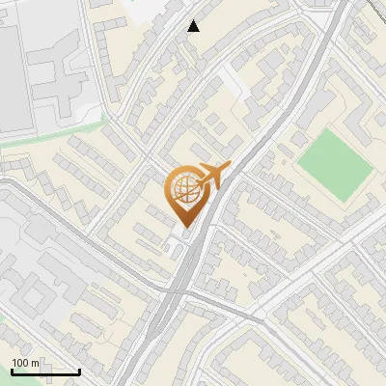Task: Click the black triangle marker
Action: (x=194, y=26)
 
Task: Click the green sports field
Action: (x=334, y=165)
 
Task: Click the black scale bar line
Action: (x=45, y=372)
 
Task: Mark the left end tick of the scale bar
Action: (x=12, y=370)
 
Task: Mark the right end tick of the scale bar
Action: (x=80, y=370)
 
